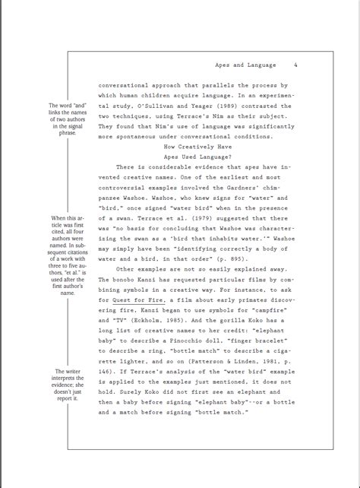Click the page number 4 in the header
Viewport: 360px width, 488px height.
(295, 65)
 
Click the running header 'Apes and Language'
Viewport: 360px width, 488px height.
(246, 65)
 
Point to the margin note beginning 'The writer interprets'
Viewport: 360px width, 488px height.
(66, 385)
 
